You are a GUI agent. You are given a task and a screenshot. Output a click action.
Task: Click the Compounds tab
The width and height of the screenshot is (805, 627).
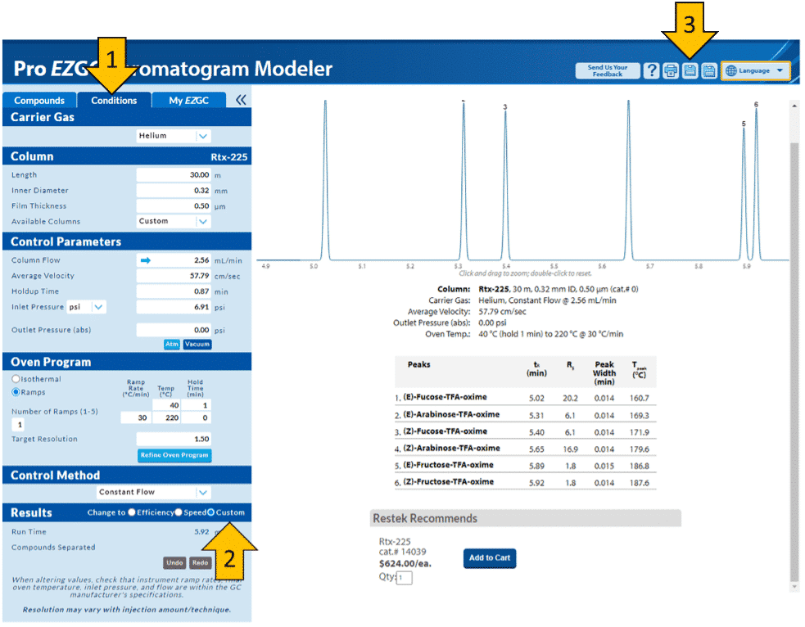(x=39, y=101)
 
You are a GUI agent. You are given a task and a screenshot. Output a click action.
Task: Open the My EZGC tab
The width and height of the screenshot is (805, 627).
(x=189, y=101)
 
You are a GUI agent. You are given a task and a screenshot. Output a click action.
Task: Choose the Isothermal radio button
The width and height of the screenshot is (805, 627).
(x=16, y=380)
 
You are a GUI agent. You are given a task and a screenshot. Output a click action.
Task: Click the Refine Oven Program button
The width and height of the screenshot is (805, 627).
(x=174, y=455)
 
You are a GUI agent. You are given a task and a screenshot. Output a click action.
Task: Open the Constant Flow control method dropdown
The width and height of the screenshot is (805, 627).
(x=153, y=493)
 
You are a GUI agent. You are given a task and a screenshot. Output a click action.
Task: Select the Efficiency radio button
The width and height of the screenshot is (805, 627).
(x=133, y=513)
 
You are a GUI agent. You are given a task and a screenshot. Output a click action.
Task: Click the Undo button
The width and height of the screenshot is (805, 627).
(x=174, y=563)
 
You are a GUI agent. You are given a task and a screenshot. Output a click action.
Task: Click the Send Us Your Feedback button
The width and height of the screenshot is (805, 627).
(x=607, y=71)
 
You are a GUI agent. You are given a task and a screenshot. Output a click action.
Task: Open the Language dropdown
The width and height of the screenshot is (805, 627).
(x=755, y=71)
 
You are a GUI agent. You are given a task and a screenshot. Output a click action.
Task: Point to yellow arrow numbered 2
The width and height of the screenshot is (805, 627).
(x=231, y=556)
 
